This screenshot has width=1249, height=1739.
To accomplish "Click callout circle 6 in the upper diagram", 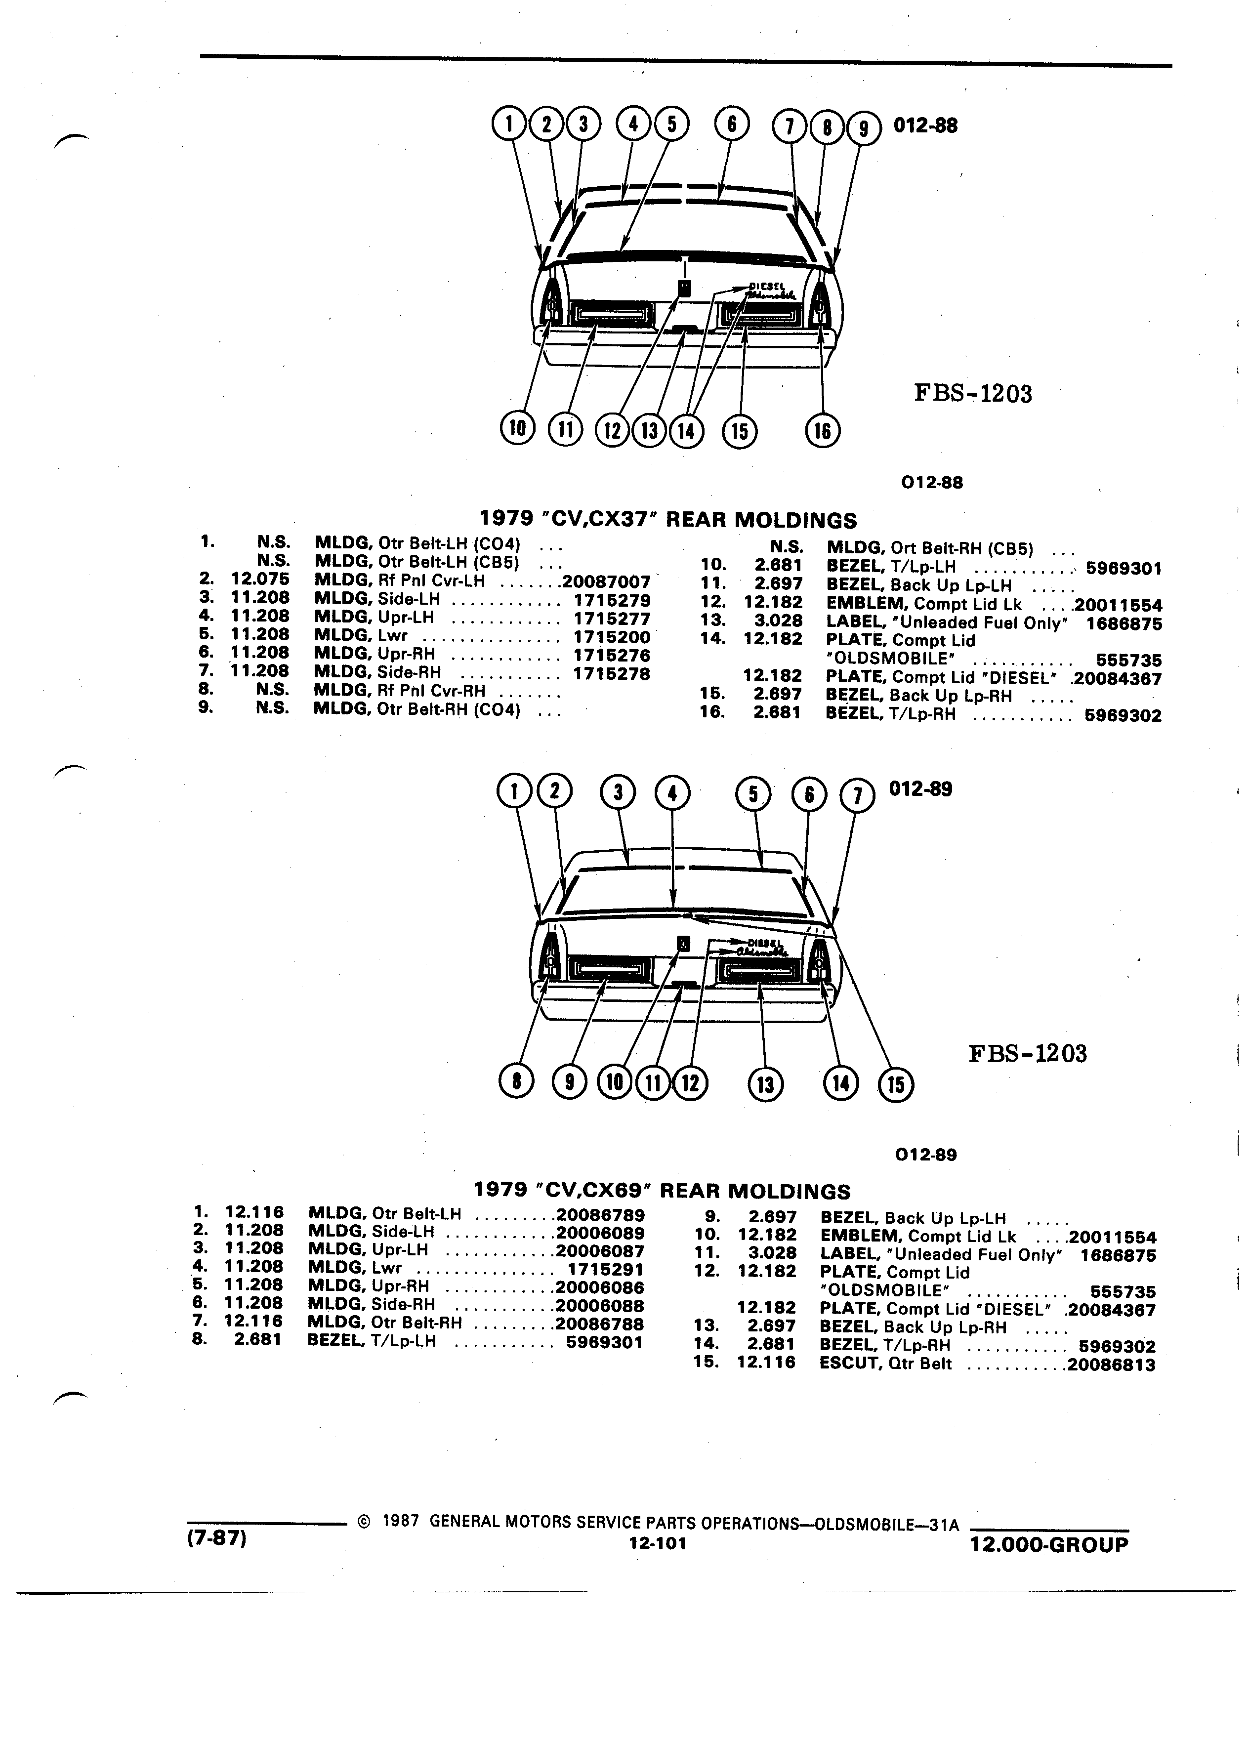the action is (731, 124).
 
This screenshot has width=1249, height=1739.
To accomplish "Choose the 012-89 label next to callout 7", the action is (920, 789).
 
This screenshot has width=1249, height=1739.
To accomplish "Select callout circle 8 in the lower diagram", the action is (516, 1082).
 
